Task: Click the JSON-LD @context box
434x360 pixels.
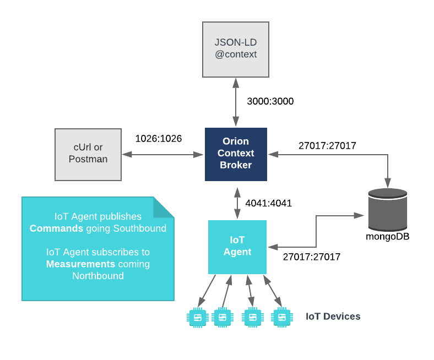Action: click(x=236, y=49)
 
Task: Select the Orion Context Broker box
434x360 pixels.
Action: click(x=236, y=154)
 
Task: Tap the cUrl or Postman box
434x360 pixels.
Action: click(x=88, y=154)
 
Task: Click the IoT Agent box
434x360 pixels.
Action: click(x=237, y=247)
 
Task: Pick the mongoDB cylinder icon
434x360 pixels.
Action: click(x=388, y=209)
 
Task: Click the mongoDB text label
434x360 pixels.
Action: click(x=388, y=237)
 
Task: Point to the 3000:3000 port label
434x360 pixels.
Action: click(x=270, y=101)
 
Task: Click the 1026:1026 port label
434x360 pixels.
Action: click(x=159, y=139)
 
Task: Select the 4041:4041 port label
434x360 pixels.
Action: click(x=268, y=203)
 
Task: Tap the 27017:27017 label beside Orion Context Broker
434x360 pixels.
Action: click(x=327, y=146)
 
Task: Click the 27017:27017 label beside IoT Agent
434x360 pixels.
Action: click(x=311, y=257)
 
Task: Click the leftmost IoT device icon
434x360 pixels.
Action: click(x=197, y=317)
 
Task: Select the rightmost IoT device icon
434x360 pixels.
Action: click(x=281, y=317)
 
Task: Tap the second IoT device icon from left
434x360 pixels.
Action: click(x=221, y=317)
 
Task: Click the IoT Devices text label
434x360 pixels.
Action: click(x=333, y=317)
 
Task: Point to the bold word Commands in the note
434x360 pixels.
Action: click(x=56, y=228)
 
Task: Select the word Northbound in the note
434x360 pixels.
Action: click(x=98, y=276)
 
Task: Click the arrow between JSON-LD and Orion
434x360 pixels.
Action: click(x=236, y=102)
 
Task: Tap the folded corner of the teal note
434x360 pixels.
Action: click(x=163, y=207)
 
